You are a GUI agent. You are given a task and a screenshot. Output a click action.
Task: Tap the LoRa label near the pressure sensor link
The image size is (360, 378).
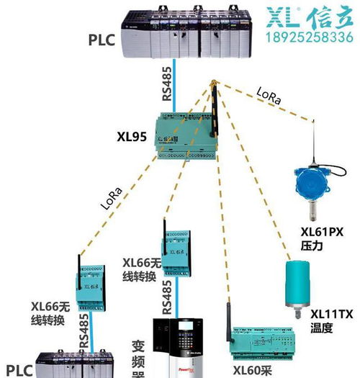(267, 96)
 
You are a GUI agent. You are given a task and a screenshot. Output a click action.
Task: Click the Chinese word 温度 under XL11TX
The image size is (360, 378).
(321, 328)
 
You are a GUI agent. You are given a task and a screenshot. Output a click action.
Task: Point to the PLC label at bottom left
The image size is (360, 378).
(18, 370)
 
